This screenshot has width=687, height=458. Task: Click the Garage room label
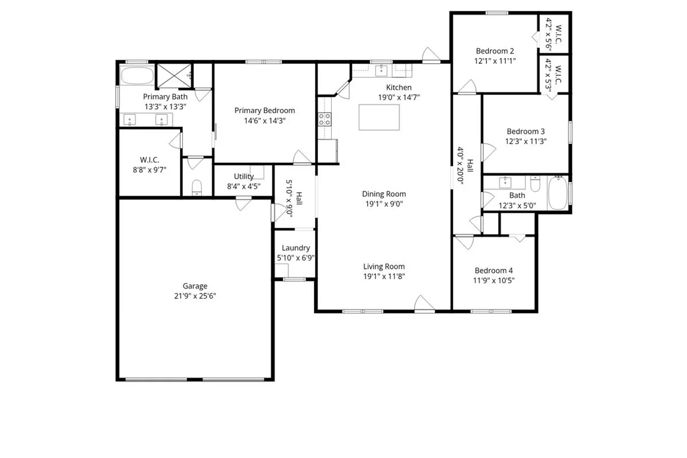(195, 286)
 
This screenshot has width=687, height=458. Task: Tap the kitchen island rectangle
(379, 117)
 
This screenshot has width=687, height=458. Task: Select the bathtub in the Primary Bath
(137, 75)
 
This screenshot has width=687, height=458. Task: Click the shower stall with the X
(174, 75)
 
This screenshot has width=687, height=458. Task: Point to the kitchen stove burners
(325, 119)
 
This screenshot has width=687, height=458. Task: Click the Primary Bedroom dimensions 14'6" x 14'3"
(265, 121)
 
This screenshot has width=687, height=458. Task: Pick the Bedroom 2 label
(495, 51)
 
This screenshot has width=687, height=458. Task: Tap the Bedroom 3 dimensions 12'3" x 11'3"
(526, 141)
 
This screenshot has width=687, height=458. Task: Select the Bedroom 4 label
(494, 270)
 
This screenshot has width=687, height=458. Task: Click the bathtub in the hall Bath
(558, 193)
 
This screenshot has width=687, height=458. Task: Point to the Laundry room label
(296, 248)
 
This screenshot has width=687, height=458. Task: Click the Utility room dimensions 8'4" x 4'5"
(244, 187)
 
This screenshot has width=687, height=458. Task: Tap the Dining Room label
(384, 194)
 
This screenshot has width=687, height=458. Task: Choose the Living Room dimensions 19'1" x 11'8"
(384, 276)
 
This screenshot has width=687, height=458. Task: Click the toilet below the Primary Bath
(197, 188)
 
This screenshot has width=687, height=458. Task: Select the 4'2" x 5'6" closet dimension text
(548, 34)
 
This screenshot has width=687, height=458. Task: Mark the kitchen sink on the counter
(381, 71)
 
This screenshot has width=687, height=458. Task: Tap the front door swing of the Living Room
(424, 303)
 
